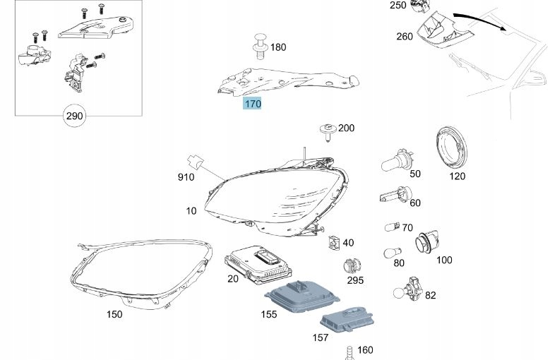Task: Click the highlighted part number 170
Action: [252, 104]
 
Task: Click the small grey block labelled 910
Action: [196, 163]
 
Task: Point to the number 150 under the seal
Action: [113, 314]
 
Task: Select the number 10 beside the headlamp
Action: [191, 211]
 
